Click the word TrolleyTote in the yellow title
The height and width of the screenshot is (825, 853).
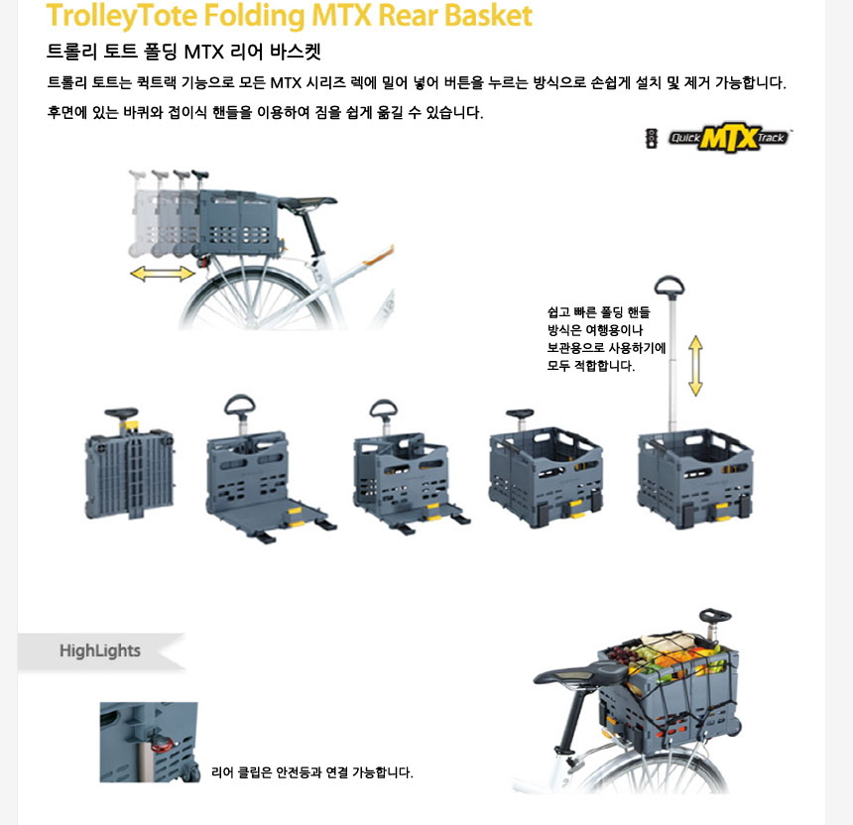coord(121,16)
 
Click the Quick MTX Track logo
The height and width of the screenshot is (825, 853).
coord(729,138)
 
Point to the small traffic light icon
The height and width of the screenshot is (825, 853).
coord(652,138)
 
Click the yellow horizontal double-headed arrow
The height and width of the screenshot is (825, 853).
coord(162,273)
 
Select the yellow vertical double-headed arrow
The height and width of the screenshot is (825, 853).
coord(695,366)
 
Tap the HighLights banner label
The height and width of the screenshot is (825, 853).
coord(100,650)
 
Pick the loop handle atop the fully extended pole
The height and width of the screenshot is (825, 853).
coord(670,287)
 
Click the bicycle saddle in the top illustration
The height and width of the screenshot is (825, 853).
coord(307,201)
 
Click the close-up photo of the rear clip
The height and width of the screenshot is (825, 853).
coord(149,743)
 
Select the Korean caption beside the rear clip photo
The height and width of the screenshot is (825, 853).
coord(312,772)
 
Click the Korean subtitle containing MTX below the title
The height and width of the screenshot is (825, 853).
coord(183,52)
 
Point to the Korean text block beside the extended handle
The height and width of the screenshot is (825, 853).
coord(606,339)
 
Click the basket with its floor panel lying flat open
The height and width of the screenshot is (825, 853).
coord(271,469)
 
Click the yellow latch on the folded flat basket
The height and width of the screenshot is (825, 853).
coord(130,426)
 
